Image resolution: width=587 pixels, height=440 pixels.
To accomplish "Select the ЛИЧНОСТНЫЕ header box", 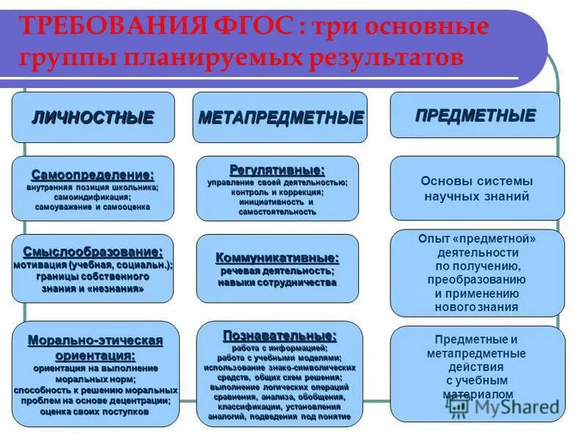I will click(93, 117).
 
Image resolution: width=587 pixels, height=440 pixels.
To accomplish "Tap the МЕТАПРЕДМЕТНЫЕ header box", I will click(280, 117).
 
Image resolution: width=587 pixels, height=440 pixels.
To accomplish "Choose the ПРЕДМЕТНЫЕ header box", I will click(475, 115).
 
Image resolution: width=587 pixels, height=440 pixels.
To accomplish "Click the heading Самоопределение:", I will click(93, 175).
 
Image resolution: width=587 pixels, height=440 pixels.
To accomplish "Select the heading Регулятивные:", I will click(277, 169).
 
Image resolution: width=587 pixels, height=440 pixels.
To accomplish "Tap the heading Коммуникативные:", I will click(277, 258).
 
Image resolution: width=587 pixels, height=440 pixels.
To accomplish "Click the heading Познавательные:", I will click(280, 336).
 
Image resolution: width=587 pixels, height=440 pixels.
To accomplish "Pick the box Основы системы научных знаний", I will click(477, 188).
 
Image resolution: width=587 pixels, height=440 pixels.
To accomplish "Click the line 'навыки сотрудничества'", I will click(277, 282).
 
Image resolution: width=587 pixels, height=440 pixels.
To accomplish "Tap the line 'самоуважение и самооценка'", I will click(92, 208).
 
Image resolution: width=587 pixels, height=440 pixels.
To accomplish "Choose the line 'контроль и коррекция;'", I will click(277, 191).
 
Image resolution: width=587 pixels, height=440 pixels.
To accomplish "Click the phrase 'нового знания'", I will click(476, 307).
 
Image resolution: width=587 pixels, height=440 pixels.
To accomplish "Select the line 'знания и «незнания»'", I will click(92, 289).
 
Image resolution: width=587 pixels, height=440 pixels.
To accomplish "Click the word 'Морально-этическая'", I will click(95, 341).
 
